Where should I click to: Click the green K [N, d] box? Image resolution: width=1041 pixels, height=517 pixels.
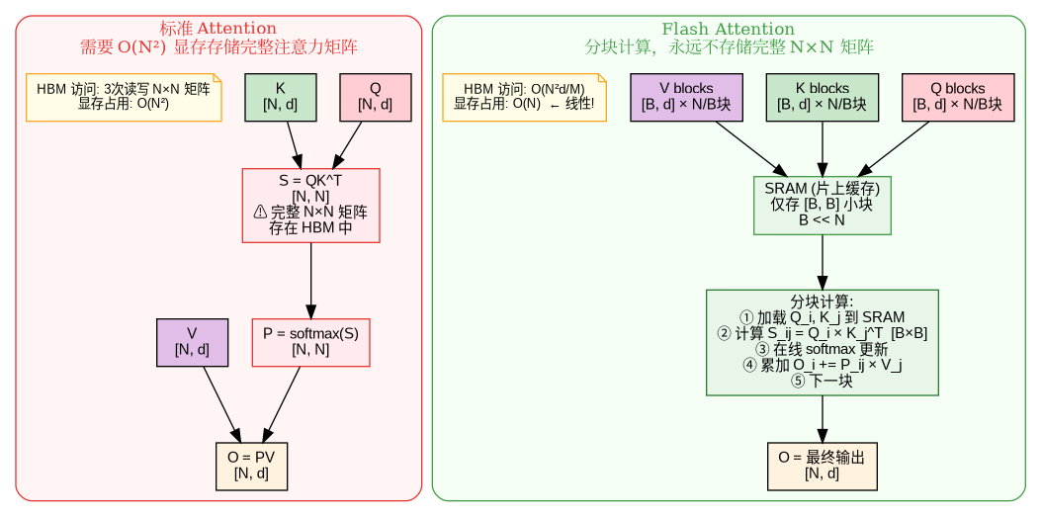point(280,97)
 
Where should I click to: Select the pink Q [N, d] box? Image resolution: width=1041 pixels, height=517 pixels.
point(375,97)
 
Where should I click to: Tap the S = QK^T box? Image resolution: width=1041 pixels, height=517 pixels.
point(310,205)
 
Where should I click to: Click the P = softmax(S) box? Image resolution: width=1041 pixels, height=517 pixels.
point(310,342)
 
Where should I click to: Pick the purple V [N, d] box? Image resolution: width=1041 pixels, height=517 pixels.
point(192,342)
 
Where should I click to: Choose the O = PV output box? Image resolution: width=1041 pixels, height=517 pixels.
point(251,466)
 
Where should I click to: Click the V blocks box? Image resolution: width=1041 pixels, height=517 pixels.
point(686,97)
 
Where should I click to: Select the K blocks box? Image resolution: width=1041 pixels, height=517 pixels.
point(822,97)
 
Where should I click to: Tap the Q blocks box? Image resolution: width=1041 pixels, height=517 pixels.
point(958,97)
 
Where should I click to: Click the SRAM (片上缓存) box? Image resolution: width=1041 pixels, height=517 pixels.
point(822,205)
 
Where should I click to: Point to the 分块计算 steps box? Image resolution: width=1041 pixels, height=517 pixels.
point(822,342)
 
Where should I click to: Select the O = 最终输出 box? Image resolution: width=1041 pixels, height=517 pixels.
point(822,466)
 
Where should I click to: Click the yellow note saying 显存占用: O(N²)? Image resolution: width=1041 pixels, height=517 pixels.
point(124,97)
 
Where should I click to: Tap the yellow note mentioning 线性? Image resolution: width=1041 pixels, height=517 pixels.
point(524,97)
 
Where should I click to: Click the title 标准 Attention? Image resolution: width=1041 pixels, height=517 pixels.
point(218,29)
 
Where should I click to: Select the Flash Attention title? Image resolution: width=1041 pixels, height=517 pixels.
point(729,29)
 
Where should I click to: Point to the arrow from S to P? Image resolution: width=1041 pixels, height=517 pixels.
point(310,280)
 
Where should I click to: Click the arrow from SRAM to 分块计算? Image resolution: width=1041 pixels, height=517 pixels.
point(822,262)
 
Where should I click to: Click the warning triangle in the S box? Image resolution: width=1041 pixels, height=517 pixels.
point(260,212)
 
